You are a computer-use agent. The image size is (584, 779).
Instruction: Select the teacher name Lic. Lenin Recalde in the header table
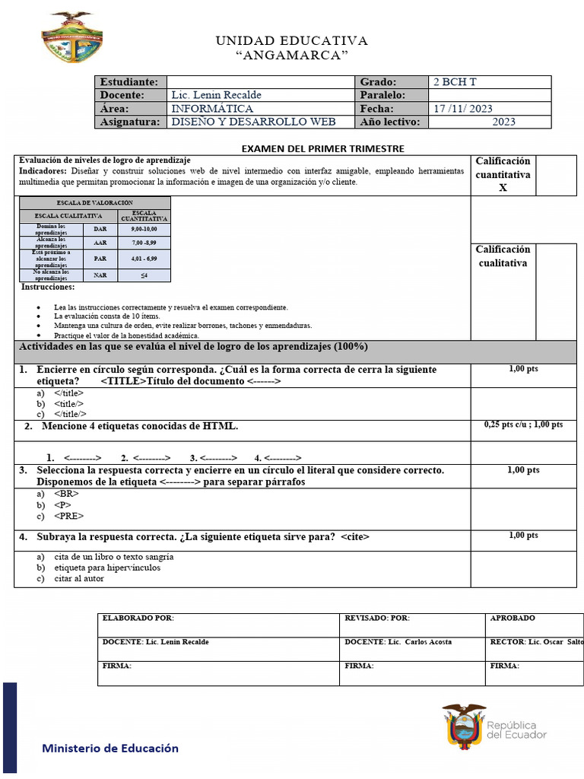216,95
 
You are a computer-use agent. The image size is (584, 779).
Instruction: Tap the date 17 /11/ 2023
463,109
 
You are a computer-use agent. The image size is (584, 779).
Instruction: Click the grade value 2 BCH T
455,82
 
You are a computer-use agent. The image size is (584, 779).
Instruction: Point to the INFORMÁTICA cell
212,109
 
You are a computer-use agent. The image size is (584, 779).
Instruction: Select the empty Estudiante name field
259,82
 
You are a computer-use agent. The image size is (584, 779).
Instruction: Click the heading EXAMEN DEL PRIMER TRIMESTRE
322,148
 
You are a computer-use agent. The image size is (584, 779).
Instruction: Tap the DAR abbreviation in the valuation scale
100,228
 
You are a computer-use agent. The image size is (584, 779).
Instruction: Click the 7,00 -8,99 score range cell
144,243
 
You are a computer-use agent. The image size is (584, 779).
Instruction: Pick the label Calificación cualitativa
503,256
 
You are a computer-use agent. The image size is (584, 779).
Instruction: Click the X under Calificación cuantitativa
503,188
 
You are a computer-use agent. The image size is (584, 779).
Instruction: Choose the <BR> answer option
66,494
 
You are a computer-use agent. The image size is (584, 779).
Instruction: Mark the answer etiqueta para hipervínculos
107,568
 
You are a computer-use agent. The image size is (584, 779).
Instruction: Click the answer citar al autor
79,578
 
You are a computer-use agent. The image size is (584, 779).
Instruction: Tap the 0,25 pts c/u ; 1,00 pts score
523,425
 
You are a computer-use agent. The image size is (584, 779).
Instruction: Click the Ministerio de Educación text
110,748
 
